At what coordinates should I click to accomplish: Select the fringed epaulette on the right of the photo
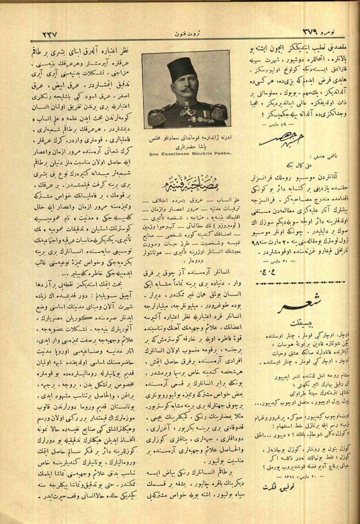click(x=219, y=112)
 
